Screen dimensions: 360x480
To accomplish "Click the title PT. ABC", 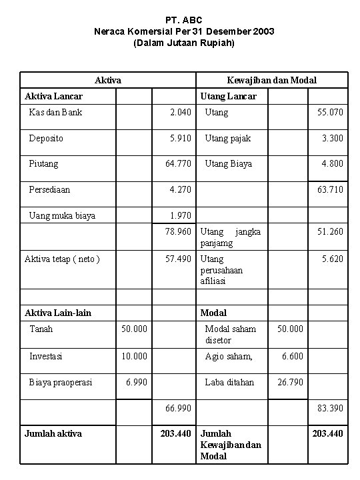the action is pyautogui.click(x=184, y=20).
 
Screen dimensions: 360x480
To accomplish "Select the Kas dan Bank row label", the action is pyautogui.click(x=55, y=112).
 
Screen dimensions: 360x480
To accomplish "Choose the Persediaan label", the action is pyautogui.click(x=49, y=189).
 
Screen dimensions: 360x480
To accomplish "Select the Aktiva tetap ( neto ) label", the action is pyautogui.click(x=62, y=259).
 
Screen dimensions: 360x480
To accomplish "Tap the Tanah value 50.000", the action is pyautogui.click(x=133, y=329).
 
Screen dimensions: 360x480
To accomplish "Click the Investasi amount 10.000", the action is pyautogui.click(x=133, y=356).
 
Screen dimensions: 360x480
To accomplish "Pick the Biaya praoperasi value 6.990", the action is pyautogui.click(x=136, y=382).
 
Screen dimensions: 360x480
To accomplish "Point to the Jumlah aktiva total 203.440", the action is pyautogui.click(x=175, y=433).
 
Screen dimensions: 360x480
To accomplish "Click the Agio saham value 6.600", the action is pyautogui.click(x=292, y=356).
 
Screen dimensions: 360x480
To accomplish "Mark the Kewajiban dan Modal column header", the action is pyautogui.click(x=271, y=80).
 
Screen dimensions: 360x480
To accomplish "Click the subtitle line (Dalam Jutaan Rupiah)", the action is pyautogui.click(x=184, y=43).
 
